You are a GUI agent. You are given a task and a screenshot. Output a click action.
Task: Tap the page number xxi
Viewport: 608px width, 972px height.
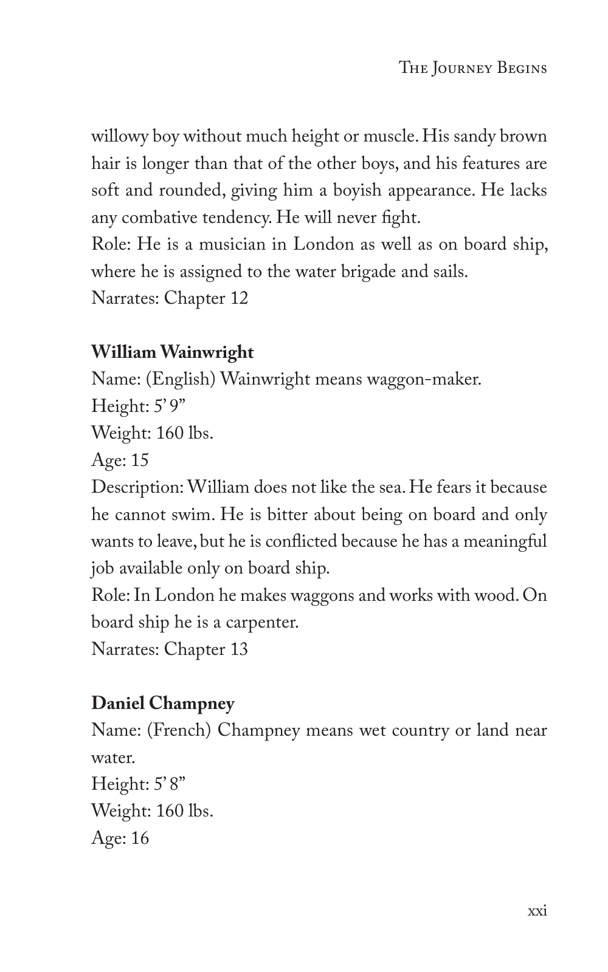(x=537, y=911)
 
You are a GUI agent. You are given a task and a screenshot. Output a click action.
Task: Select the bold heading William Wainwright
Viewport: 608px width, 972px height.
(x=172, y=352)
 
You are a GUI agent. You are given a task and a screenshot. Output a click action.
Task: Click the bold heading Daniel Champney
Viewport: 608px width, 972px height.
(x=162, y=703)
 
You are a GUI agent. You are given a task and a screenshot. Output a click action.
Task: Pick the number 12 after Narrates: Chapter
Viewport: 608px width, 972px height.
(x=238, y=298)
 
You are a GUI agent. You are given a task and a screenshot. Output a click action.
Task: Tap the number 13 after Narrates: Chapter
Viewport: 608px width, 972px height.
(x=238, y=649)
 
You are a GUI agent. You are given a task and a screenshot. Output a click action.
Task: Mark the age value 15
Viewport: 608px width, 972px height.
(x=139, y=460)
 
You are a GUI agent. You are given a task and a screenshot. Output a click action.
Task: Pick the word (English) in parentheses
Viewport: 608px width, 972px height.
(x=180, y=379)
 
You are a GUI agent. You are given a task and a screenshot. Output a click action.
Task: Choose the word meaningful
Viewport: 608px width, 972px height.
(x=505, y=541)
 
